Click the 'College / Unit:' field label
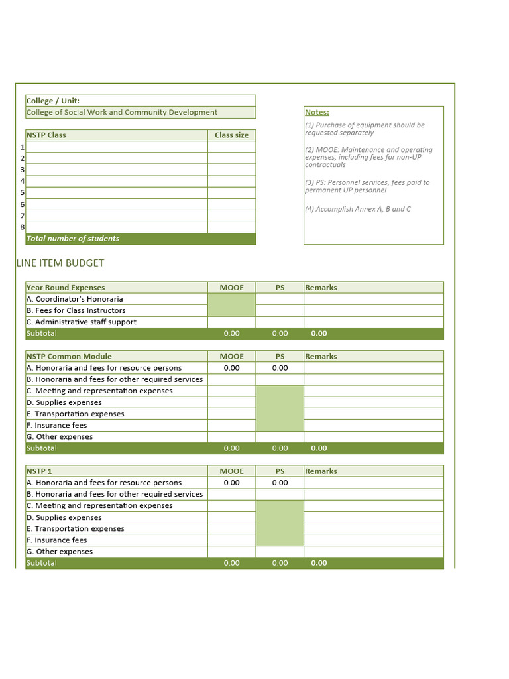click(53, 101)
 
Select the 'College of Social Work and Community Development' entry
click(122, 113)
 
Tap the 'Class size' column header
click(231, 135)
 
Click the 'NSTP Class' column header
click(46, 135)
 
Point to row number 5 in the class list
click(22, 193)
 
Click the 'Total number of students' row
click(73, 239)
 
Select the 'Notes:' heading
click(317, 113)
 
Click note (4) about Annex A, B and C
click(358, 209)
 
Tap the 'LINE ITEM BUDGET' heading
click(60, 263)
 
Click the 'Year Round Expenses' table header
click(66, 288)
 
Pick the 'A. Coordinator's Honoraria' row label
click(74, 299)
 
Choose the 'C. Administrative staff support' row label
click(81, 322)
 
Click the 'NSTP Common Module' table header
click(69, 357)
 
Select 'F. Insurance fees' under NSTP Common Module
click(56, 426)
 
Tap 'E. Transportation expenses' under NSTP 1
click(75, 529)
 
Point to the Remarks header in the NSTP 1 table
click(321, 471)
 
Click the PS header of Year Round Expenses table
click(280, 288)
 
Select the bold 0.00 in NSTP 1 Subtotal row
click(319, 563)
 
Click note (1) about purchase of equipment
click(365, 129)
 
